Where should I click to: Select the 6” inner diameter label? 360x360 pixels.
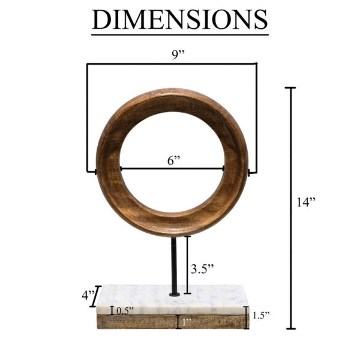pos(174,161)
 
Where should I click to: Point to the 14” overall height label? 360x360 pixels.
pos(305,202)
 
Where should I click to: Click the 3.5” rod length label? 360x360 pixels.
pos(202,269)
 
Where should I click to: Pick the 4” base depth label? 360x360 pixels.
pos(88,296)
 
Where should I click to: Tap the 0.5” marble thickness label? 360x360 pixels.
pos(125,310)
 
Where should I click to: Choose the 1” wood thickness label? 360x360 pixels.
pos(186,323)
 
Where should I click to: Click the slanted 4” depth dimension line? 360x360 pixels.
pos(95,299)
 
